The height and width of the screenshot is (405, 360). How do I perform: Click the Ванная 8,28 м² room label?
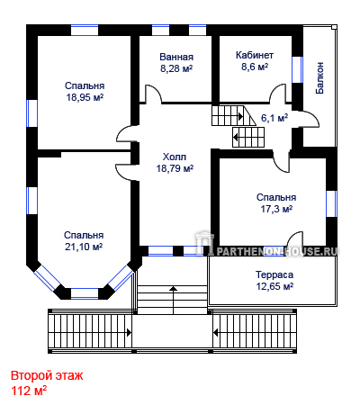click(176, 63)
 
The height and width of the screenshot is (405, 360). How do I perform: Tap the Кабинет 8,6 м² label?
click(255, 61)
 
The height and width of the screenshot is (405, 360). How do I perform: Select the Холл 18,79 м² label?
click(175, 163)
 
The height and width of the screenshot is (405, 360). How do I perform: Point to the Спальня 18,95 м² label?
click(85, 92)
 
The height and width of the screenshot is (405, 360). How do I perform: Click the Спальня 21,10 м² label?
click(84, 241)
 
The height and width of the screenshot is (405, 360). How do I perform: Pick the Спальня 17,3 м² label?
click(276, 203)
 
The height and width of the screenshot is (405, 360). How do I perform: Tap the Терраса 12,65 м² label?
click(274, 281)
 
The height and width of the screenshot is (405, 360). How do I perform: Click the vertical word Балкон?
click(319, 78)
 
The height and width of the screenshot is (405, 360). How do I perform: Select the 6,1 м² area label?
click(274, 118)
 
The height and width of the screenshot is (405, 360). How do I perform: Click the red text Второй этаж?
click(47, 375)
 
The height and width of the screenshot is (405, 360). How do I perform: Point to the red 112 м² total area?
click(29, 391)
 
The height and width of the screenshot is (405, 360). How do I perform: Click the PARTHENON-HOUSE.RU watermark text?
click(276, 251)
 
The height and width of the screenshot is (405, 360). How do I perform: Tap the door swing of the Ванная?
click(153, 94)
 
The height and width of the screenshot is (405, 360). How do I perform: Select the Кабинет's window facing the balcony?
click(297, 69)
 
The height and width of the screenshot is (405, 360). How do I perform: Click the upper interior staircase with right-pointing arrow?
click(233, 115)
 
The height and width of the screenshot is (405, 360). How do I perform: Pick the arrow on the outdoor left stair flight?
click(129, 332)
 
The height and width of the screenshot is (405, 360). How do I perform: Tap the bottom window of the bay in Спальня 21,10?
click(85, 293)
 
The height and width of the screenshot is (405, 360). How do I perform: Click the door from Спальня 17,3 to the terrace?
click(295, 239)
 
